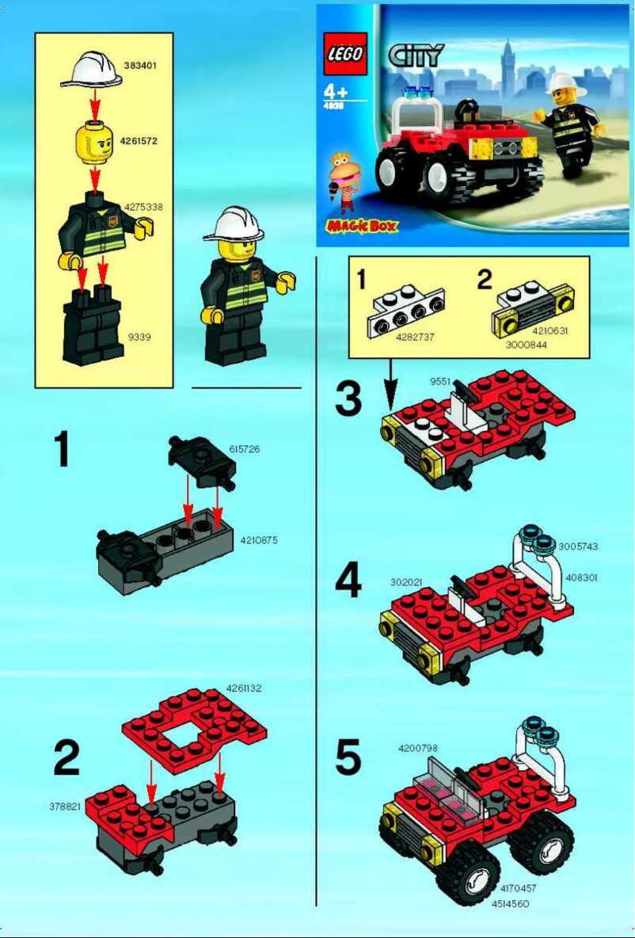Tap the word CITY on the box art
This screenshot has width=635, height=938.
coord(416,55)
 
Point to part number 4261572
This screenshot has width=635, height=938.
coord(139,141)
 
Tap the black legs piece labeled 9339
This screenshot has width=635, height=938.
coord(93,324)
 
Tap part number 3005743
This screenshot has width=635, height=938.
coord(578,547)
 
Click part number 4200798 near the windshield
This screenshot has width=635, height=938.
coord(417,747)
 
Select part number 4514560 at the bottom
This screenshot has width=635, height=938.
coord(510,903)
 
